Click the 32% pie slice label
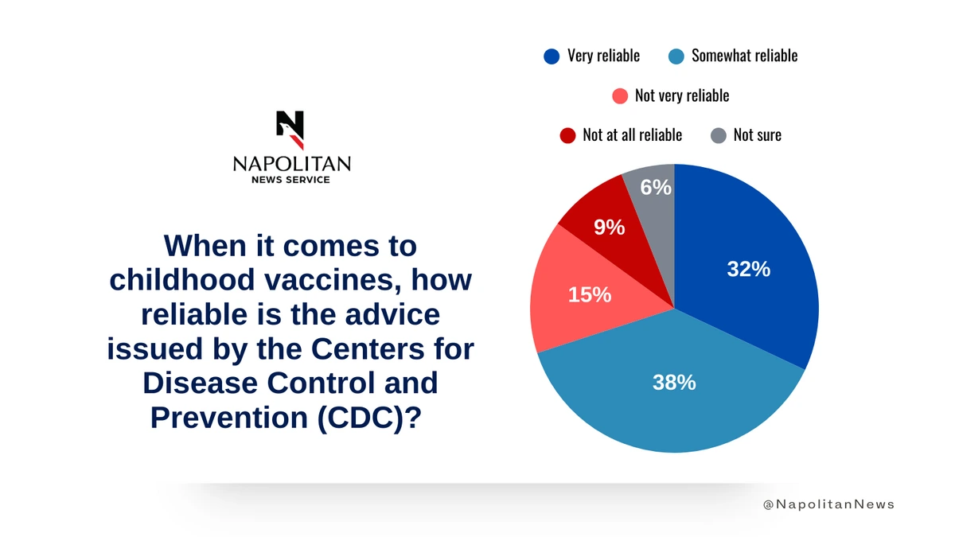pyautogui.click(x=748, y=270)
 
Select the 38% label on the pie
pyautogui.click(x=674, y=383)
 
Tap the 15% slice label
pyautogui.click(x=589, y=295)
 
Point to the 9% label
pyautogui.click(x=609, y=228)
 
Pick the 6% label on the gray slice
pyautogui.click(x=657, y=188)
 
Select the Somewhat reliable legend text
pyautogui.click(x=744, y=56)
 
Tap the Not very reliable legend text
pyautogui.click(x=681, y=95)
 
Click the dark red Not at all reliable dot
pyautogui.click(x=567, y=135)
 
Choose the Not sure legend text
pyautogui.click(x=757, y=135)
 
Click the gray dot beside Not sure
pyautogui.click(x=719, y=135)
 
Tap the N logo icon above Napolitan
pyautogui.click(x=290, y=130)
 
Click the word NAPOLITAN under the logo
pyautogui.click(x=291, y=164)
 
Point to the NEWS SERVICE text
pyautogui.click(x=291, y=180)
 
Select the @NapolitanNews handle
pyautogui.click(x=828, y=504)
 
